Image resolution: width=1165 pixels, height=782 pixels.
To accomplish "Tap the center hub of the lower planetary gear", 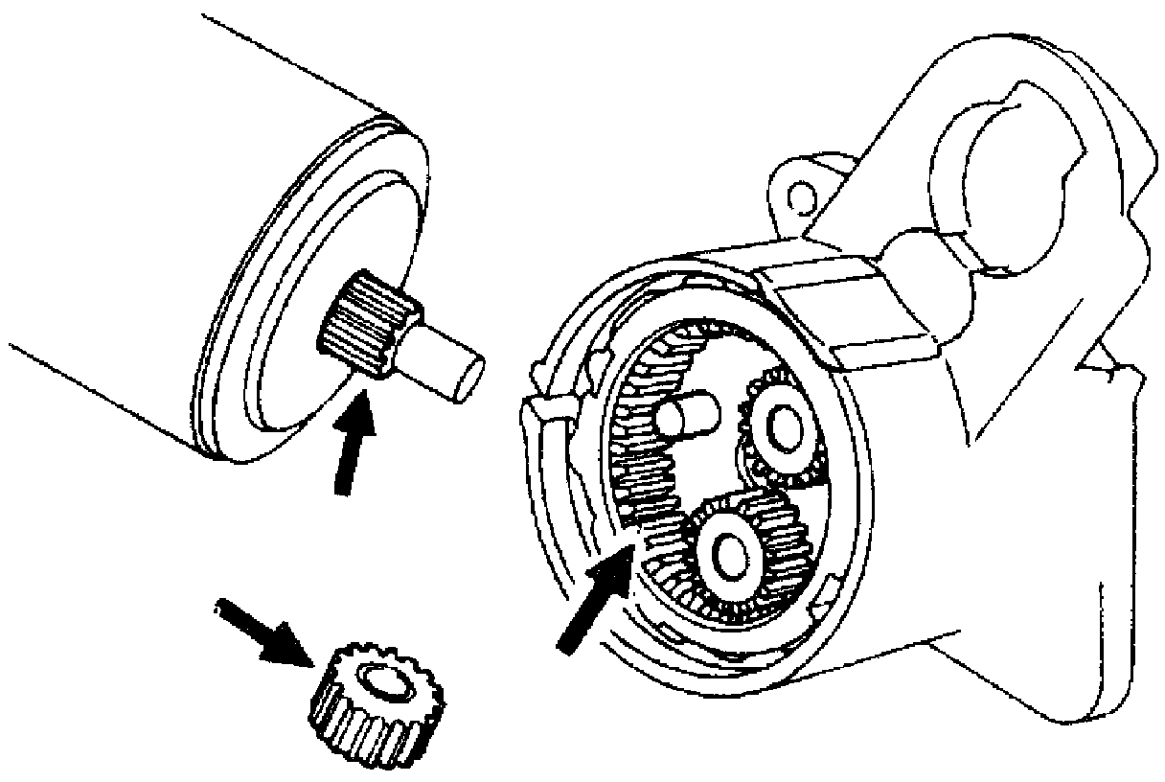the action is coord(727,552).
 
